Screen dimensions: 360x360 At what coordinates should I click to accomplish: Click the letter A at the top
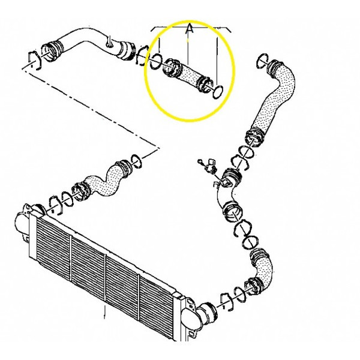click(x=190, y=28)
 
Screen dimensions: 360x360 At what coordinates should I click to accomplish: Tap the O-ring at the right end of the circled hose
click(x=218, y=92)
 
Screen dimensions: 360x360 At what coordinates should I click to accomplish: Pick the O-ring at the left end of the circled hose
click(x=156, y=61)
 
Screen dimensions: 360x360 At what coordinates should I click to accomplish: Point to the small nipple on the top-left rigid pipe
click(x=110, y=42)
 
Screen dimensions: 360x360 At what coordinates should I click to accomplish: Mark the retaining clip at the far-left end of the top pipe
click(x=34, y=59)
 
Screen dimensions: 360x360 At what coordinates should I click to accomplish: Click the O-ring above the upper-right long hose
click(x=263, y=60)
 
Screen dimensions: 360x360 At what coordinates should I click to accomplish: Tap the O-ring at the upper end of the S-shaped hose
click(x=136, y=161)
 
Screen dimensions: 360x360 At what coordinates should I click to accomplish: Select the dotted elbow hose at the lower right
click(x=259, y=271)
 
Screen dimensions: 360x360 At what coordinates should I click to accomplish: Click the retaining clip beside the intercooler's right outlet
click(x=226, y=302)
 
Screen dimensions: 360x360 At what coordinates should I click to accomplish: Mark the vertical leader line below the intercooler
click(x=105, y=311)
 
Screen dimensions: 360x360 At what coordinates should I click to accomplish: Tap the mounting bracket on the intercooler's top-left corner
click(x=28, y=208)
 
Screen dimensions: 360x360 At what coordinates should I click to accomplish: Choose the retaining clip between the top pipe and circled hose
click(x=142, y=55)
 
